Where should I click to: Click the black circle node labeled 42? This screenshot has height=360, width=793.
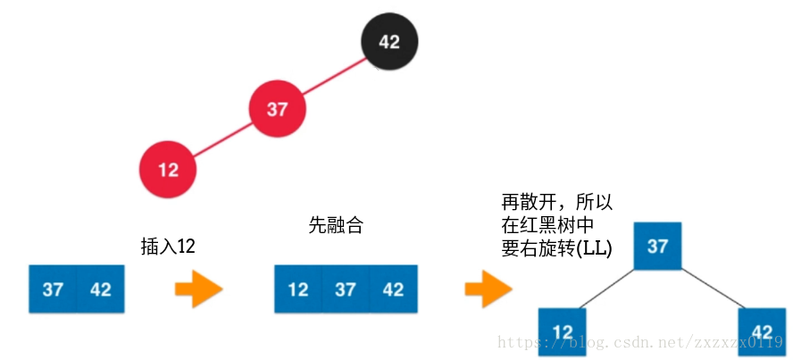click(389, 41)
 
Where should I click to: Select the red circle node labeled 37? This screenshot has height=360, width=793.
click(277, 109)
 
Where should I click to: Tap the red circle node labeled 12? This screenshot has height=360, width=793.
click(168, 169)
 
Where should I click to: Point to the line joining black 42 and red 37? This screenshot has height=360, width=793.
click(334, 75)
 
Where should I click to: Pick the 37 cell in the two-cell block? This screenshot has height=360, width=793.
click(53, 289)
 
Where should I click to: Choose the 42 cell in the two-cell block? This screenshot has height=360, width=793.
click(100, 289)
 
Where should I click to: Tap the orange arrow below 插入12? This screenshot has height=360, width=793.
click(197, 289)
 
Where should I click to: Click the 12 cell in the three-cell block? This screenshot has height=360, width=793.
click(298, 289)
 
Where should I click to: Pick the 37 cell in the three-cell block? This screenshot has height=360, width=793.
click(346, 289)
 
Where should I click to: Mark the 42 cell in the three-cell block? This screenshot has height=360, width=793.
click(393, 289)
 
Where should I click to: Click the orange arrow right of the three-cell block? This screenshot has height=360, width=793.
click(488, 289)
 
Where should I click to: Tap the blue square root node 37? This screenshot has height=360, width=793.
click(657, 245)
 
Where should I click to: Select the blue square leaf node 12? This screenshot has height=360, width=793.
click(562, 331)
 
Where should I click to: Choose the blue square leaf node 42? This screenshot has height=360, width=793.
click(761, 331)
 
